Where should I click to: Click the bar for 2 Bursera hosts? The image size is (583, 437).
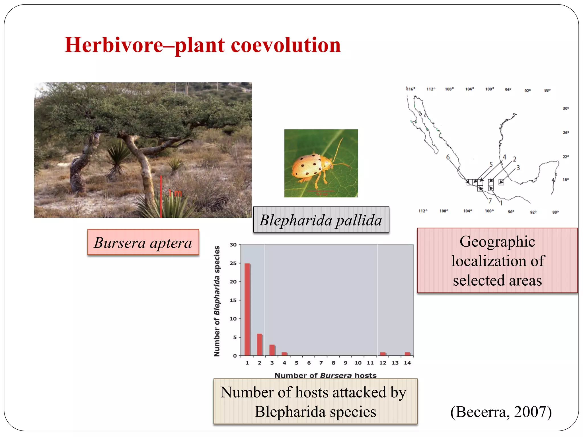[x=259, y=345]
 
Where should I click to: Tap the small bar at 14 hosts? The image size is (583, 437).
[x=407, y=354]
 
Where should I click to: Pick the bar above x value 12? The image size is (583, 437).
[x=383, y=354]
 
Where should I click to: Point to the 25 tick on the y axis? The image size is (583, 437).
[x=233, y=263]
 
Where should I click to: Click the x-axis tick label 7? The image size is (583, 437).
[x=321, y=363]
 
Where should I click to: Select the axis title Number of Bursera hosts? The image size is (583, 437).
[x=325, y=376]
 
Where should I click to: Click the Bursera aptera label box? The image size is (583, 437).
[x=143, y=243]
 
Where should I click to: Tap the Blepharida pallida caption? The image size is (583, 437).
[x=321, y=220]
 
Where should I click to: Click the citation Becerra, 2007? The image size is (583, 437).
[x=501, y=412]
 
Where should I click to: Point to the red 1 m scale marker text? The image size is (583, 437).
[x=175, y=193]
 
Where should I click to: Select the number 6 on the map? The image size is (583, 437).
[x=448, y=157]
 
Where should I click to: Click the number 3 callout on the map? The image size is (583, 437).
[x=518, y=168]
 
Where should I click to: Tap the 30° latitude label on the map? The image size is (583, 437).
[x=566, y=108]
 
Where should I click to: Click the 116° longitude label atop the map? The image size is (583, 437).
[x=411, y=89]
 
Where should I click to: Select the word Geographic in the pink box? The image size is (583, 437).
[x=497, y=242]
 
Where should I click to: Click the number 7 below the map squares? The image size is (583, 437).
[x=490, y=201]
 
